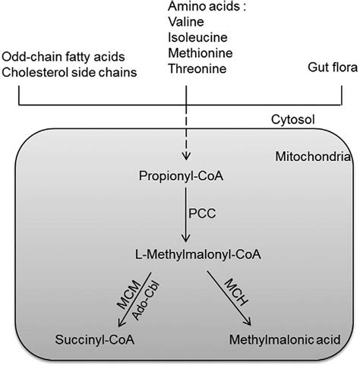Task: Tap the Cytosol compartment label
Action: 291,120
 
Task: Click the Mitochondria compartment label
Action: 312,157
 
